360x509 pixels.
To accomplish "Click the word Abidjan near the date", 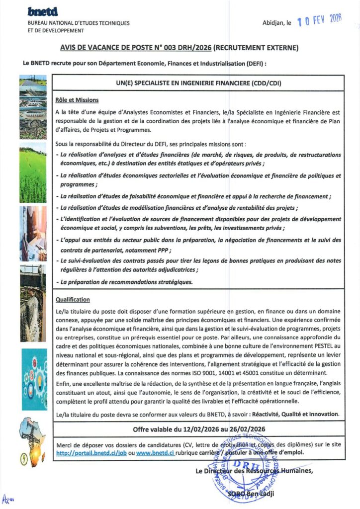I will pos(273,23).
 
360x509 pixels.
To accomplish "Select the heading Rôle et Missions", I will pos(77,100).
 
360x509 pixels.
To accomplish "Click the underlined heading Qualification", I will pos(73,300).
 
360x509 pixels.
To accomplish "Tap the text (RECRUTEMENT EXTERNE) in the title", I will pos(256,48).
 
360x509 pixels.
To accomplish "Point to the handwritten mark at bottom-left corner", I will pos(6,499).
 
